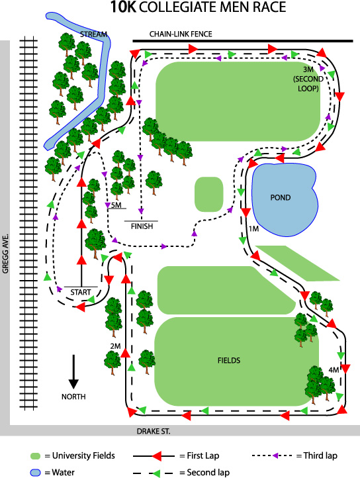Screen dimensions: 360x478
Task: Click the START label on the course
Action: (81, 293)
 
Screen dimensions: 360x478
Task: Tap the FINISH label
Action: (142, 226)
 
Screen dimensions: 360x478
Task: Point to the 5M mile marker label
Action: (116, 205)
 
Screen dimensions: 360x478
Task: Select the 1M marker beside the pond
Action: (253, 228)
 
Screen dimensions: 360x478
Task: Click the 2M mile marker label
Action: (116, 346)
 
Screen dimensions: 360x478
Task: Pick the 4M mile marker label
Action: (334, 370)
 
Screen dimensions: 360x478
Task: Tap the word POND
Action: (281, 197)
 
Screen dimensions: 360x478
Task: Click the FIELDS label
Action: (229, 360)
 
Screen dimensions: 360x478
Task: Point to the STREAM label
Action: (93, 34)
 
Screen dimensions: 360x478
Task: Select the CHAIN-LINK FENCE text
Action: (181, 34)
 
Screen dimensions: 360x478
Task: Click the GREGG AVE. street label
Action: (5, 254)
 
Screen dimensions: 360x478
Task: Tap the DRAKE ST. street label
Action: (154, 432)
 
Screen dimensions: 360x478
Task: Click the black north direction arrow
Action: (73, 371)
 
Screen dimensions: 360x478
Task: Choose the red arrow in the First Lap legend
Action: (157, 456)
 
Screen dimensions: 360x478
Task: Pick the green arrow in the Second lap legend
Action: (157, 473)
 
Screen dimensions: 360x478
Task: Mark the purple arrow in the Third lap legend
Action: (275, 455)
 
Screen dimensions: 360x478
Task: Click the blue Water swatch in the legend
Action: (35, 473)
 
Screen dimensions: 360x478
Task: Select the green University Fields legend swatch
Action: (35, 456)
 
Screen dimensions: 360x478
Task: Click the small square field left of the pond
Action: (209, 194)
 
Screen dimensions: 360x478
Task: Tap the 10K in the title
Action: (123, 7)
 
